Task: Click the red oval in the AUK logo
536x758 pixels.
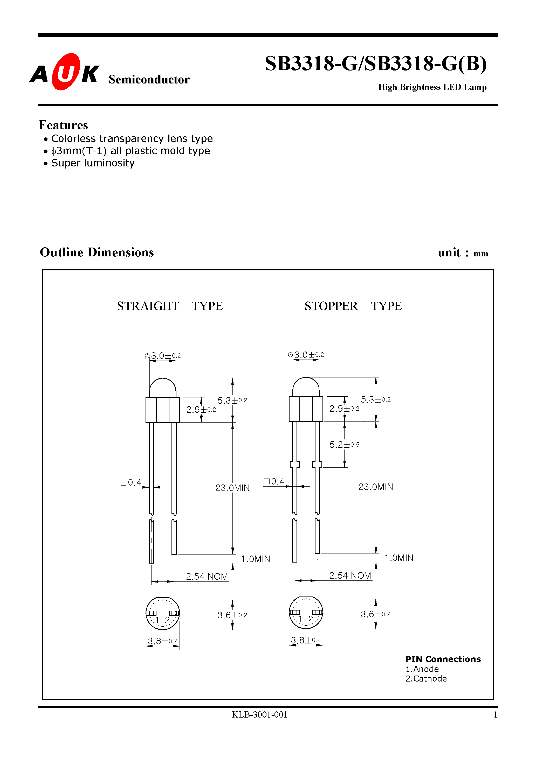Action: (66, 72)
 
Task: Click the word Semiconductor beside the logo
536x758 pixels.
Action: (149, 80)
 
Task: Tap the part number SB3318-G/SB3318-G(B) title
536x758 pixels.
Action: (375, 64)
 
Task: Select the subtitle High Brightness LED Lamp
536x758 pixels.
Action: (432, 87)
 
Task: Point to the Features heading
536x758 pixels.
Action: (64, 125)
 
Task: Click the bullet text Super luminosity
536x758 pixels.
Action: (93, 163)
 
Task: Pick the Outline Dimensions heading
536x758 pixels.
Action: (97, 252)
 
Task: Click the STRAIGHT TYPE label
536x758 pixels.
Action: (170, 306)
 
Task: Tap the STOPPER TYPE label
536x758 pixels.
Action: (353, 306)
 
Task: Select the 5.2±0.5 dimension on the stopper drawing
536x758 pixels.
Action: (344, 445)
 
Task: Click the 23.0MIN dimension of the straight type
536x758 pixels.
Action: (232, 488)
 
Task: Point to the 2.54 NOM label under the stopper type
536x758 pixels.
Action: (350, 576)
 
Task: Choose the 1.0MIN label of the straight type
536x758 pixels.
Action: (256, 559)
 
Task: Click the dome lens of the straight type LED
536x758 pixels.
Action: (163, 388)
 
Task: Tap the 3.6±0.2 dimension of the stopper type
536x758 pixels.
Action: (375, 614)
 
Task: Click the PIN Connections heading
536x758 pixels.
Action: (443, 659)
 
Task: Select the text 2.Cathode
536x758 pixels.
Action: (426, 679)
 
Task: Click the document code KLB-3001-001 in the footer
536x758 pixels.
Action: (259, 715)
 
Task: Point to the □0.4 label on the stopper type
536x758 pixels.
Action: (274, 482)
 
